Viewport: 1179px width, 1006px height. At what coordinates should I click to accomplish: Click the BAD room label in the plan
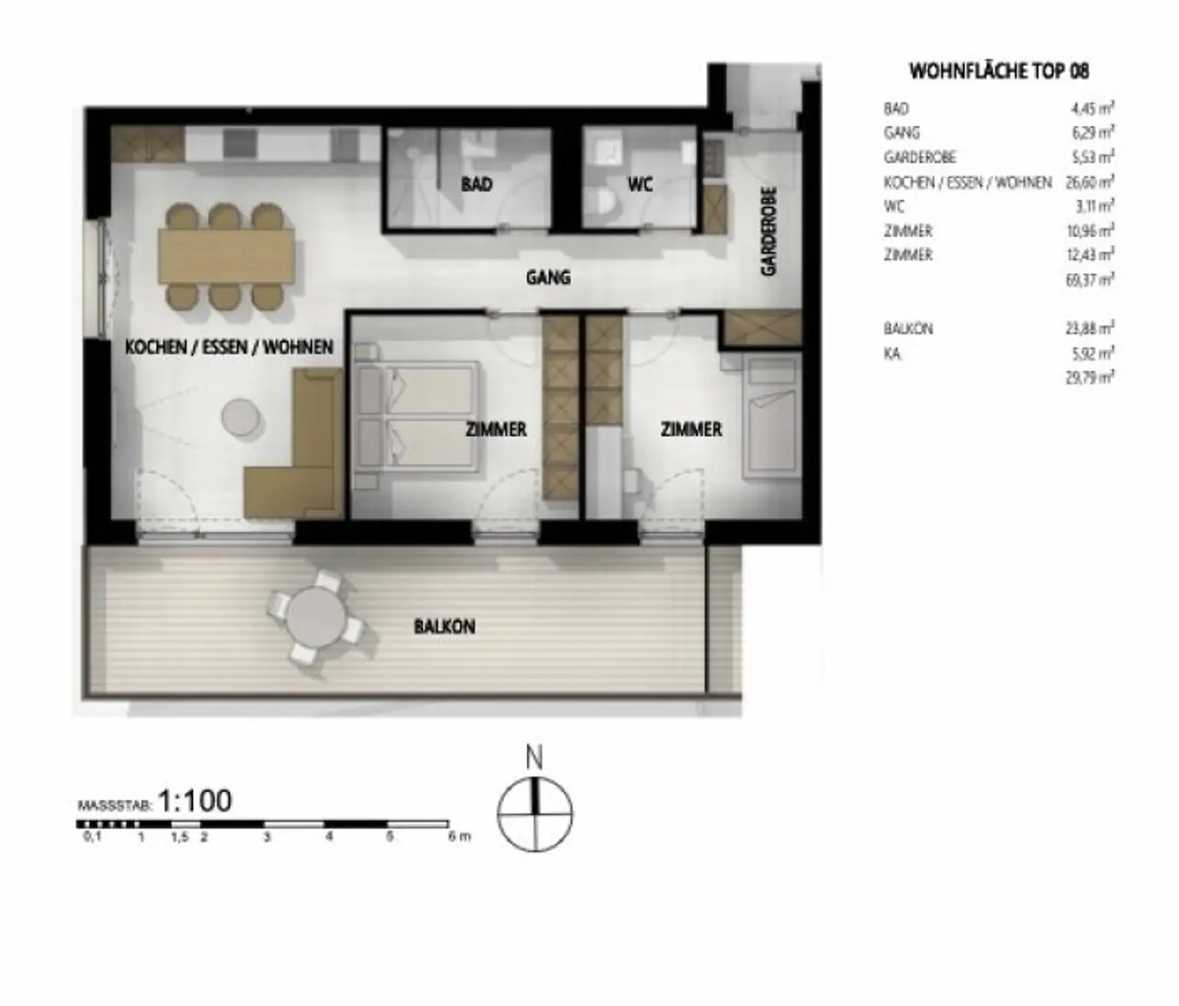click(476, 184)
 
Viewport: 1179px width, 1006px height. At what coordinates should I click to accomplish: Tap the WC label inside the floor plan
click(639, 184)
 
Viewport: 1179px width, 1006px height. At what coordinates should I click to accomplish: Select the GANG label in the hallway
click(548, 277)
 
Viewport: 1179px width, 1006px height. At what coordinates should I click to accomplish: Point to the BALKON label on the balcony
click(444, 626)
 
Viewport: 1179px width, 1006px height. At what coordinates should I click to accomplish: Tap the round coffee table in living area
click(242, 417)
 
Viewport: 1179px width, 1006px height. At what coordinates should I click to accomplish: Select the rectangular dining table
click(226, 255)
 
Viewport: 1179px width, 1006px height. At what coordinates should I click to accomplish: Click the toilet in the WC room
click(604, 203)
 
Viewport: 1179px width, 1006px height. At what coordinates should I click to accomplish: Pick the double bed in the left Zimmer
click(418, 417)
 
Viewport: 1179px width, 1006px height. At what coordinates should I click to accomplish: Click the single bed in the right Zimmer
click(770, 418)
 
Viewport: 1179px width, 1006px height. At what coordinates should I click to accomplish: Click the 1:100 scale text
click(194, 801)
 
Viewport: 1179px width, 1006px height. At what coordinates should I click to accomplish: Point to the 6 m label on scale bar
click(459, 837)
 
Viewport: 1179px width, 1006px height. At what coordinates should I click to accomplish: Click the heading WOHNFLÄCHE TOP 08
click(999, 71)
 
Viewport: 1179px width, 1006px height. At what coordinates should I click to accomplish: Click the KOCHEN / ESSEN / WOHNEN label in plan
click(229, 348)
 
